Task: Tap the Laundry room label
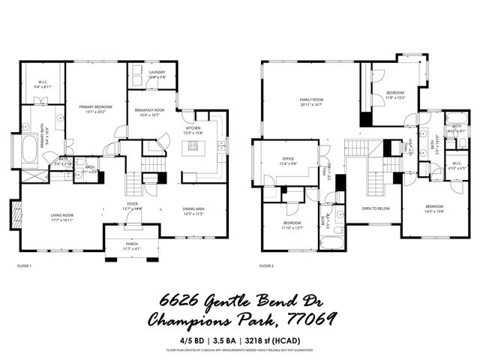(157, 72)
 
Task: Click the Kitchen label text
(193, 128)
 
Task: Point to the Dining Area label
(194, 209)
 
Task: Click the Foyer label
(131, 204)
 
